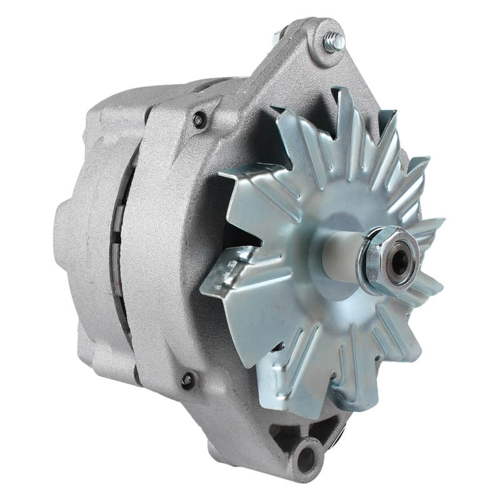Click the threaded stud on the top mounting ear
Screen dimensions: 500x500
[x=334, y=41]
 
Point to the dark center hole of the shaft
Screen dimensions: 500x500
[x=398, y=262]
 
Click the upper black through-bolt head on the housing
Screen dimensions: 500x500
[x=200, y=120]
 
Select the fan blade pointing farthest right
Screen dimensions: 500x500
[x=428, y=225]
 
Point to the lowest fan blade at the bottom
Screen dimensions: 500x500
[x=294, y=391]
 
